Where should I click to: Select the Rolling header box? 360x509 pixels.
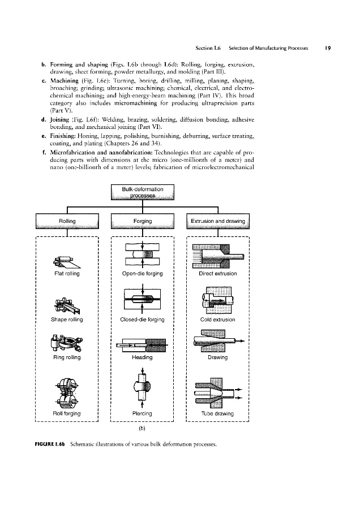tap(67, 221)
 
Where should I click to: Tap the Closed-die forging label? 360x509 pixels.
tap(142, 320)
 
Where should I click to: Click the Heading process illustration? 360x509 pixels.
tap(142, 344)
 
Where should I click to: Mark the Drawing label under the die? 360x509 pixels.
tap(218, 357)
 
